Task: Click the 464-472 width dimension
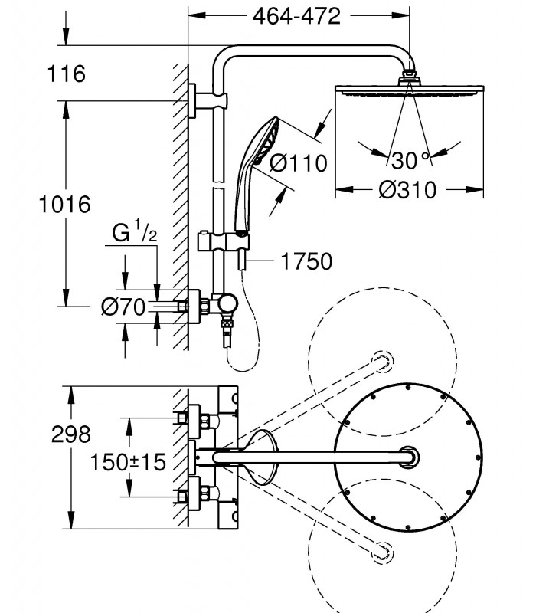coord(296,16)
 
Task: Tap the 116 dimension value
coord(66,74)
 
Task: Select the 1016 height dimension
coord(65,205)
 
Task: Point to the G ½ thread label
coord(135,231)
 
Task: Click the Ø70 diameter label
coord(123,306)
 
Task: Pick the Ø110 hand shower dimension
coord(299,163)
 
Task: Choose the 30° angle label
coord(410,160)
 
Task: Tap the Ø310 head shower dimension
coord(407,190)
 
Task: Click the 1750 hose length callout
coord(307,261)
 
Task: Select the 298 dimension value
coord(70,434)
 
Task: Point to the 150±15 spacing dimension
coord(128,462)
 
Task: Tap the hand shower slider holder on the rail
coord(221,242)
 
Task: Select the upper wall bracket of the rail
coord(207,100)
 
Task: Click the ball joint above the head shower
coord(409,74)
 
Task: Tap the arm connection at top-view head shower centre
coord(410,457)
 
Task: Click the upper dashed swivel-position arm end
coord(382,361)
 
